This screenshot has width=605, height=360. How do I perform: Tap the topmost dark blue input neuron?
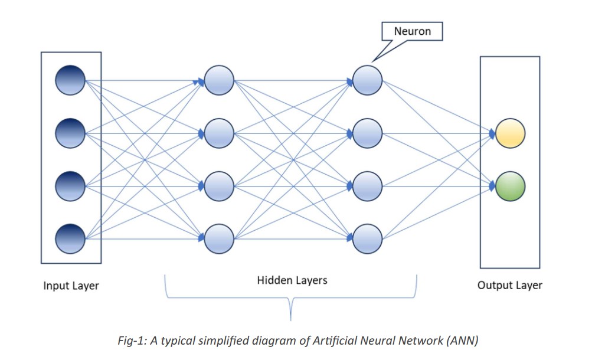(x=70, y=80)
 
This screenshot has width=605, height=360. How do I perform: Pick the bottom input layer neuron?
(x=70, y=238)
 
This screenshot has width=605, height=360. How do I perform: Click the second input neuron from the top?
(x=70, y=133)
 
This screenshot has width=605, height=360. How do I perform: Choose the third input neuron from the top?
(x=70, y=185)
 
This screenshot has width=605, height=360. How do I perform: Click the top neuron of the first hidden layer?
(x=219, y=80)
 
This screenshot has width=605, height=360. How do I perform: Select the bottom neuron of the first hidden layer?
(x=219, y=238)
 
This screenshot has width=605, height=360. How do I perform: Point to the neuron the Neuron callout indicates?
(x=367, y=80)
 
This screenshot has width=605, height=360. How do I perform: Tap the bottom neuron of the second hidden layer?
(x=367, y=238)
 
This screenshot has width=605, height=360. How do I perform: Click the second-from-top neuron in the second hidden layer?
(x=367, y=133)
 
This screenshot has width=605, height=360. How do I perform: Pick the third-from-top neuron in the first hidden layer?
(x=219, y=185)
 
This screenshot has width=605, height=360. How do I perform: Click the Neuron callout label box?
(x=413, y=31)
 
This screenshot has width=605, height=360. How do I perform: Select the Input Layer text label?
(x=71, y=286)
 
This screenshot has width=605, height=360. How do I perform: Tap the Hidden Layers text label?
(x=292, y=280)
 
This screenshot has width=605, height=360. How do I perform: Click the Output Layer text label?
(x=509, y=285)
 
